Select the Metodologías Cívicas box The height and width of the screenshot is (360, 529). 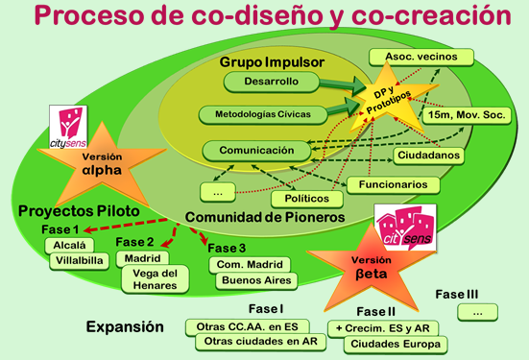coord(254,115)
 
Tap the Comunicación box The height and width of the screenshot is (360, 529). coord(255,150)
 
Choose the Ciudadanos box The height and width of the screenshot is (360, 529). coord(429,155)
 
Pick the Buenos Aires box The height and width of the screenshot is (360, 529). coord(252,280)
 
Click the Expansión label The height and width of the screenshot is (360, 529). coord(124,326)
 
